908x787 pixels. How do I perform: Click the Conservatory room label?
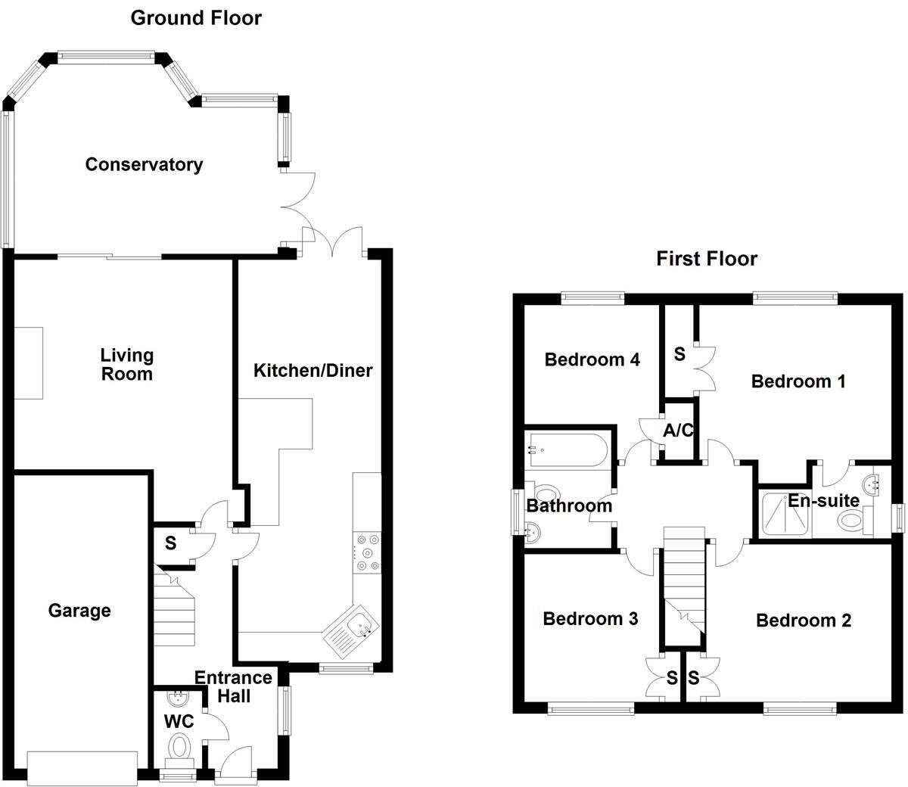[x=144, y=165]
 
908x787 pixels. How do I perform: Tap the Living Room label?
[x=127, y=364]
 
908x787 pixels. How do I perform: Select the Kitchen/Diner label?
[x=313, y=371]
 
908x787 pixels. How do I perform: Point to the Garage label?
[x=79, y=611]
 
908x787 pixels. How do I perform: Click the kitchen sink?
[x=352, y=627]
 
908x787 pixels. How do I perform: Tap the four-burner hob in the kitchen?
[x=366, y=552]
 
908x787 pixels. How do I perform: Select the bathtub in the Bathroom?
[x=567, y=450]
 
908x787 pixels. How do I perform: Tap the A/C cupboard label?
[x=678, y=431]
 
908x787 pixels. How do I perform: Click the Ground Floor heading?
[x=196, y=18]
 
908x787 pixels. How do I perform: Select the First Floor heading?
[x=707, y=259]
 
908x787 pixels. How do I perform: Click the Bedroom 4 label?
[x=592, y=359]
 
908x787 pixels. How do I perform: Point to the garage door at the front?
[x=82, y=767]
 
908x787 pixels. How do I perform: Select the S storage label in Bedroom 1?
[x=679, y=353]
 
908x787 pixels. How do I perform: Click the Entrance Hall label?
[x=233, y=686]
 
